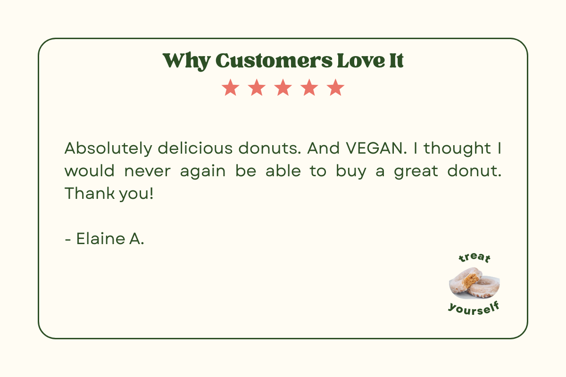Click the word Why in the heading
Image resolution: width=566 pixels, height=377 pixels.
[x=186, y=61]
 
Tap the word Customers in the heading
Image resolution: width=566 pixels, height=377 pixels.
[x=274, y=61]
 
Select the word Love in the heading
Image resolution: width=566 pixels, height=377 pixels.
[x=361, y=61]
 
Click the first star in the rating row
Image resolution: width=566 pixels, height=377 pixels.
[x=231, y=88]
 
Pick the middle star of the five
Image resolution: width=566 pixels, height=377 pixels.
[x=283, y=88]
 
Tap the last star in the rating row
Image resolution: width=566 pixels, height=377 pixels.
[x=335, y=88]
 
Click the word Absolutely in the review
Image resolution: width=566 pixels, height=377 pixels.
[x=108, y=148]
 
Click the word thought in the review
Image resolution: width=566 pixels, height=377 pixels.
[x=458, y=149]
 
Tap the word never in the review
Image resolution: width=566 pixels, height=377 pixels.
[x=148, y=172]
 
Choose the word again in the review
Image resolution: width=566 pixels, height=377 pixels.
[x=203, y=172]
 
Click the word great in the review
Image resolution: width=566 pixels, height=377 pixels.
[x=416, y=172]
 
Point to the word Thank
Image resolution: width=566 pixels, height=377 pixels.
[x=90, y=194]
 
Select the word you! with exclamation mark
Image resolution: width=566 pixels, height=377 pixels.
[x=136, y=194]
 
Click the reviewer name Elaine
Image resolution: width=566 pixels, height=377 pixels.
[x=100, y=238]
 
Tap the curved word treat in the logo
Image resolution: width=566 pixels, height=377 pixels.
[x=474, y=258]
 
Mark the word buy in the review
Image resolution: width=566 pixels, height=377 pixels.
[x=351, y=172]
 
